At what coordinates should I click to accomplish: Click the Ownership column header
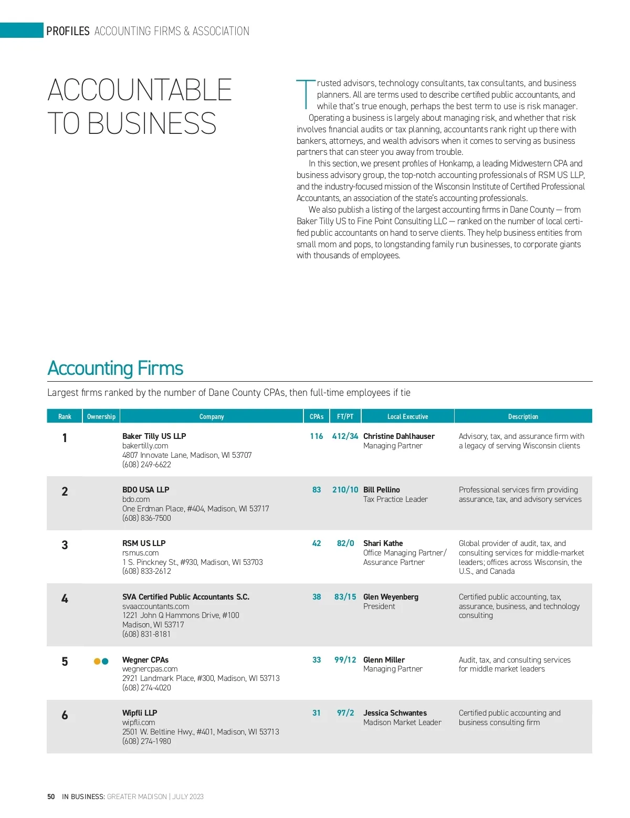click(101, 416)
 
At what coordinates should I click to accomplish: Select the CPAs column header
click(317, 416)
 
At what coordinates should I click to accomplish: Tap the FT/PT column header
click(345, 416)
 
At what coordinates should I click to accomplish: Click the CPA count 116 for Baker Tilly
click(317, 436)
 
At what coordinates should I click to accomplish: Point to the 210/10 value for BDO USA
click(345, 490)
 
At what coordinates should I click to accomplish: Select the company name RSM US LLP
click(144, 543)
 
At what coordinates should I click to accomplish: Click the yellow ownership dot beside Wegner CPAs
click(97, 661)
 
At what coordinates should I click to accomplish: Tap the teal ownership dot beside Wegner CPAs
click(105, 661)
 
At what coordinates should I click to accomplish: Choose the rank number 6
click(65, 715)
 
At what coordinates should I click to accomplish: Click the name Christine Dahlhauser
click(399, 436)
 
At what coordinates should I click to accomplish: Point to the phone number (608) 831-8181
click(146, 634)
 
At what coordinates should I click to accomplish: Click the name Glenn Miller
click(384, 660)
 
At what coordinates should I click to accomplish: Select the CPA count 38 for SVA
click(317, 597)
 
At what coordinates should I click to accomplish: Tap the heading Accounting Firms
click(115, 369)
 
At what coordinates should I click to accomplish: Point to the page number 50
click(51, 796)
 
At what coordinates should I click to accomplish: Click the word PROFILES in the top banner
click(68, 31)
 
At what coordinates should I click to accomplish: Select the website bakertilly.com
click(145, 446)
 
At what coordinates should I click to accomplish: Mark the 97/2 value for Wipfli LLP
click(345, 713)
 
